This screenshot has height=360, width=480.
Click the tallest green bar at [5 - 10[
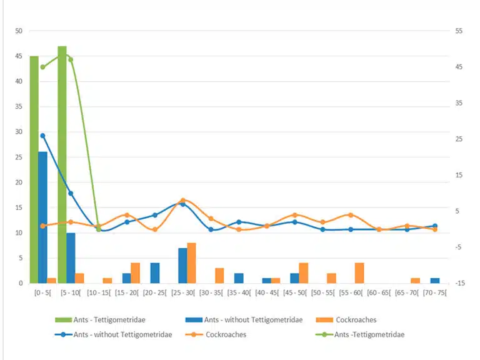coord(62,162)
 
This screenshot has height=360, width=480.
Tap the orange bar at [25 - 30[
coord(191,262)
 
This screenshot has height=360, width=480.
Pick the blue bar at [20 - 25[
coord(154,273)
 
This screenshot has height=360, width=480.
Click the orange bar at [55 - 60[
coord(359,273)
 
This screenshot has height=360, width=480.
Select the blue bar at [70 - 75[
coord(434,281)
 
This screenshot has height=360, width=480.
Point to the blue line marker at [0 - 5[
coord(42,136)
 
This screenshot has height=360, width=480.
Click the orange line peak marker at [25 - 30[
coord(183,201)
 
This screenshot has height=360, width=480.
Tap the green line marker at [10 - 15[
coord(99,229)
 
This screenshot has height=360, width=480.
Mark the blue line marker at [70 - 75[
coord(434,226)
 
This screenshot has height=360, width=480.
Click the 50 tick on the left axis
coord(19,31)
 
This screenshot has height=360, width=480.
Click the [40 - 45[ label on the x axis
coord(267,292)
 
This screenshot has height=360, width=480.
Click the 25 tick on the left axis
coord(19,157)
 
